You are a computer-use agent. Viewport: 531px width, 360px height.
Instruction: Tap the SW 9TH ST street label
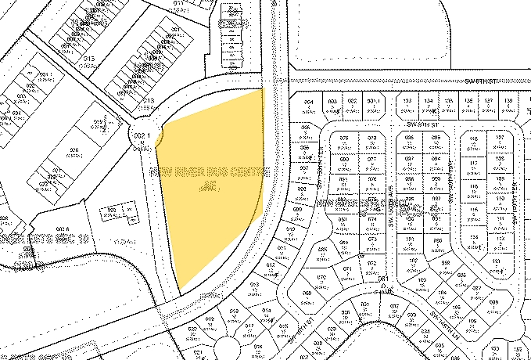tap(421, 124)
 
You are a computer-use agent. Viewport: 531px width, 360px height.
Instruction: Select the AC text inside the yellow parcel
tap(207, 186)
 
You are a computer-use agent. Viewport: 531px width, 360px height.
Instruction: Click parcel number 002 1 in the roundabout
tap(142, 138)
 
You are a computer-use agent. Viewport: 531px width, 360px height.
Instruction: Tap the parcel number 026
tap(75, 150)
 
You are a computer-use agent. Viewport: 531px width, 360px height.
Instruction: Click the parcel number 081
tap(383, 279)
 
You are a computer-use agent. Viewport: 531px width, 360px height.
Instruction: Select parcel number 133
tap(407, 101)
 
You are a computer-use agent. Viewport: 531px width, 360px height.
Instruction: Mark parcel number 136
tap(468, 101)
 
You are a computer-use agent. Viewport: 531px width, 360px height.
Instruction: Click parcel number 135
tap(448, 101)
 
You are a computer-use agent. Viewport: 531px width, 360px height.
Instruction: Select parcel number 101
tap(411, 239)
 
